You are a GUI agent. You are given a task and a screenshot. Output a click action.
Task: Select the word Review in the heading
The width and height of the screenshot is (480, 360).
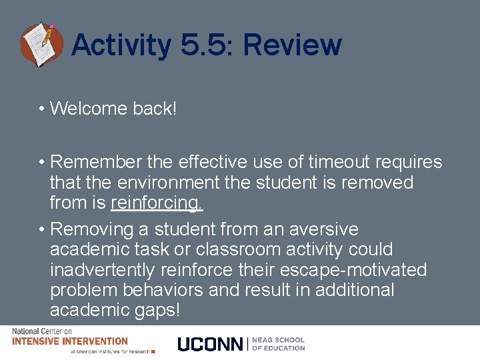pos(292,45)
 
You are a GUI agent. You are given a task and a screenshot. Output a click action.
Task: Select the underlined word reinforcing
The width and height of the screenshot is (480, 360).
pos(157,202)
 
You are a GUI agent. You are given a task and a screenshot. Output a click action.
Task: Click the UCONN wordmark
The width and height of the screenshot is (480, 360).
pos(211,344)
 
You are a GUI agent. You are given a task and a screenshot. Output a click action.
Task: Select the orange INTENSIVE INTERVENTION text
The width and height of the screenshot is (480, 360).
pos(69,341)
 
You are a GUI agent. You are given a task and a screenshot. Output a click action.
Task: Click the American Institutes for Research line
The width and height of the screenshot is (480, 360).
pos(110,351)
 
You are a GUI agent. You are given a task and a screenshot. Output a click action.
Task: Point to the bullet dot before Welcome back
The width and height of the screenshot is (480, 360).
pos(41,109)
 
